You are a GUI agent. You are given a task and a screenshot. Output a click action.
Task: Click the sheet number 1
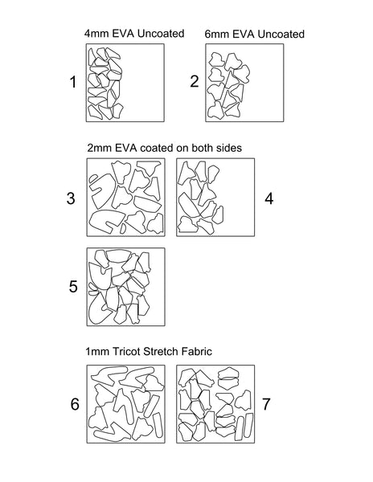point(73,82)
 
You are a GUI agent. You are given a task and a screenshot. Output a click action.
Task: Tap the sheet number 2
point(195,81)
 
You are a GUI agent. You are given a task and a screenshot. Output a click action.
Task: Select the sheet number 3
point(71,198)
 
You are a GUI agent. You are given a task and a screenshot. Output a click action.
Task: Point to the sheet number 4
point(268,198)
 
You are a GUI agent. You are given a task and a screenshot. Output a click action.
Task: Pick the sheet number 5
point(73,287)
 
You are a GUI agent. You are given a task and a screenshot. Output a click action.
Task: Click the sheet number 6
point(75,404)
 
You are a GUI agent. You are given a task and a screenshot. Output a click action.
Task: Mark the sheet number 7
point(266,404)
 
